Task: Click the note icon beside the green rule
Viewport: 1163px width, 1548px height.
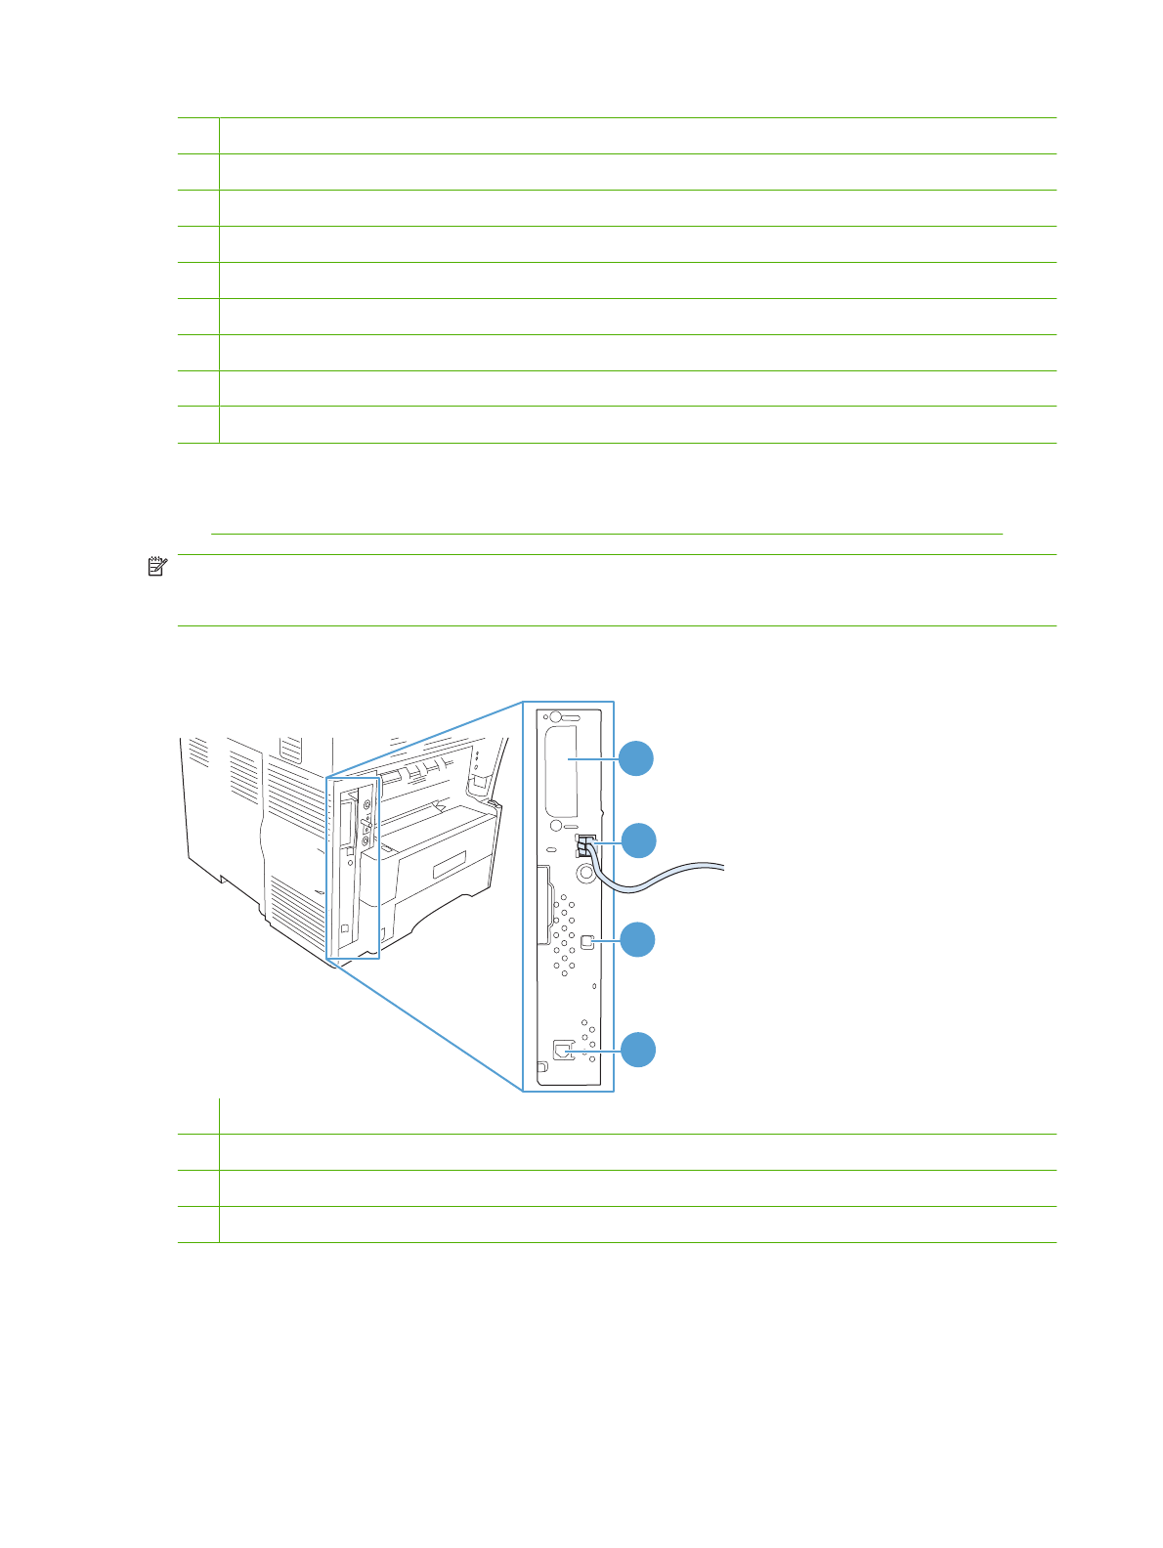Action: click(x=157, y=566)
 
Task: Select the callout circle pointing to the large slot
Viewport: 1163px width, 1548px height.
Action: click(x=637, y=758)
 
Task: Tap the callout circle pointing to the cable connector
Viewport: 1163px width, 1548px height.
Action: click(x=638, y=840)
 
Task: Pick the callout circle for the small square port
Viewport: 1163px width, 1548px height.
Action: click(x=638, y=939)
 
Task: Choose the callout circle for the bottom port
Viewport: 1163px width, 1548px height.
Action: click(x=638, y=1050)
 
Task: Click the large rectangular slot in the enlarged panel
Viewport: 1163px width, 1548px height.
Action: click(x=561, y=771)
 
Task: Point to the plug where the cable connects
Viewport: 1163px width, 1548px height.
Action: click(x=585, y=845)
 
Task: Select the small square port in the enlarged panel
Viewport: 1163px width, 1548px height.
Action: click(x=586, y=941)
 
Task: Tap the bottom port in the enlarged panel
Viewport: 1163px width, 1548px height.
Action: click(x=563, y=1051)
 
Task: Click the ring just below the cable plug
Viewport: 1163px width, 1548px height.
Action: click(x=586, y=874)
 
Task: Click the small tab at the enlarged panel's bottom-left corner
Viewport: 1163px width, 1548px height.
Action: click(x=541, y=1066)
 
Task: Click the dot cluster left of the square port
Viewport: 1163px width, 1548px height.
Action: click(x=563, y=940)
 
